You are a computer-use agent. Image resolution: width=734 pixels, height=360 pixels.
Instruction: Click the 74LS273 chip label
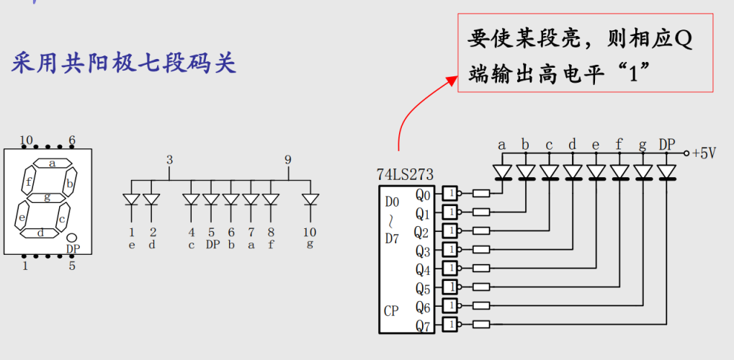tap(404, 174)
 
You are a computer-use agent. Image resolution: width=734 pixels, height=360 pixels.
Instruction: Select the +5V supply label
tap(704, 153)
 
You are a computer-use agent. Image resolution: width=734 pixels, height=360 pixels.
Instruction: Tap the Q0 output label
tap(424, 194)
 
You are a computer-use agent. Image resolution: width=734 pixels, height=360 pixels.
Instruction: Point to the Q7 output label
tap(424, 325)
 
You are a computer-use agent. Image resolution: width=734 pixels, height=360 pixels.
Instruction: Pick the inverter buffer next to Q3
tap(450, 250)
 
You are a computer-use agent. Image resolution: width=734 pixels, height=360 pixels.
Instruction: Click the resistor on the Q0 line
tap(481, 193)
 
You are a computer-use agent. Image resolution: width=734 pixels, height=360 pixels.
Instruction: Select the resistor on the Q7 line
tap(481, 325)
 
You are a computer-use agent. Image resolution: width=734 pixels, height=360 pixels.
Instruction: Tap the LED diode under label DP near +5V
tap(667, 172)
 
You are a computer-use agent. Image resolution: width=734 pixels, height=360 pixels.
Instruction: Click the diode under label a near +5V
tap(502, 172)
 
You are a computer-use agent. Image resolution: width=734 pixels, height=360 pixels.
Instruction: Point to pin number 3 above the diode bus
tap(169, 160)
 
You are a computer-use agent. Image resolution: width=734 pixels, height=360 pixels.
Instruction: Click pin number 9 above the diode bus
tap(288, 160)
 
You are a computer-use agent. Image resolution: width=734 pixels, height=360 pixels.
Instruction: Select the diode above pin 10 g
tap(310, 199)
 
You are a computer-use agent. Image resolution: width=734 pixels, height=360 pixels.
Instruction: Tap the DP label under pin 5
tap(212, 244)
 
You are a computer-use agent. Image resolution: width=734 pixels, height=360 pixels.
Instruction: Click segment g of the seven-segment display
tap(48, 197)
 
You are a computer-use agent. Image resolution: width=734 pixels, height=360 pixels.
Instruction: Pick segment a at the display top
tap(52, 163)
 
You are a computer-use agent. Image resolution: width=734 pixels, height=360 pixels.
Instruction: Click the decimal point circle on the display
tap(72, 238)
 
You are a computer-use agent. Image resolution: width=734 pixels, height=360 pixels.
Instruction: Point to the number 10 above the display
tap(27, 140)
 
